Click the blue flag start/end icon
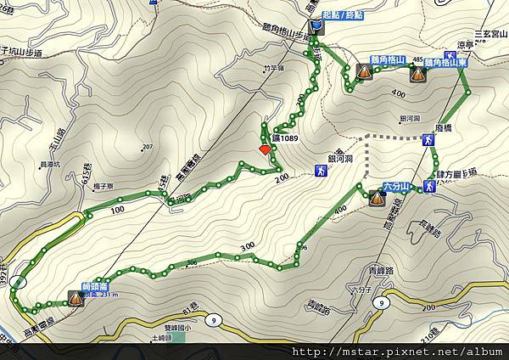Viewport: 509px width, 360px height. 315,28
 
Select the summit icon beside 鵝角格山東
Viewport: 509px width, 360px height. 417,75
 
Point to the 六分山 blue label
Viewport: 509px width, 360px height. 397,185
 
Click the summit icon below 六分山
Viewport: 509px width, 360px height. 377,199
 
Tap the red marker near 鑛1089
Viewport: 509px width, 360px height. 264,149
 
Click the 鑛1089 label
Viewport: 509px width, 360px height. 286,138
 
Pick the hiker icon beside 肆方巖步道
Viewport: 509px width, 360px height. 430,186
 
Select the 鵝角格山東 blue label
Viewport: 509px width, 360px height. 442,62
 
